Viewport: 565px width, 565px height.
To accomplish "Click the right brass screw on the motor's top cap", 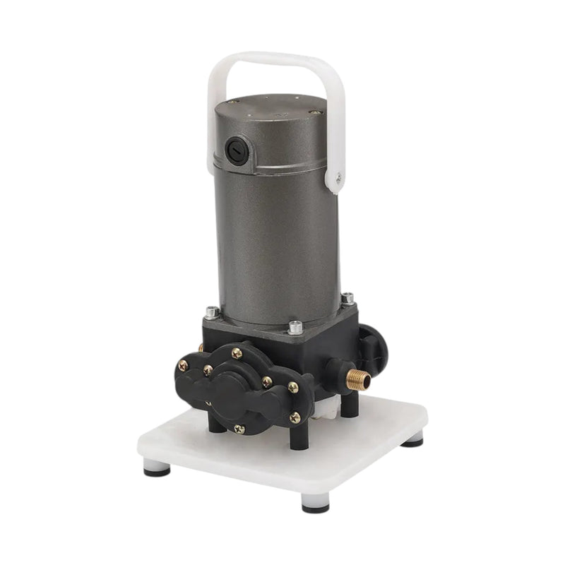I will [x=316, y=112].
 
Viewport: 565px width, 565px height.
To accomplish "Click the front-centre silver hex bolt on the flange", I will [x=295, y=328].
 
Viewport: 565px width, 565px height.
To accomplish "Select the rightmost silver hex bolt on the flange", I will [x=347, y=299].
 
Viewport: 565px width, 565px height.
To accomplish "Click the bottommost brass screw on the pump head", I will [x=239, y=429].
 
